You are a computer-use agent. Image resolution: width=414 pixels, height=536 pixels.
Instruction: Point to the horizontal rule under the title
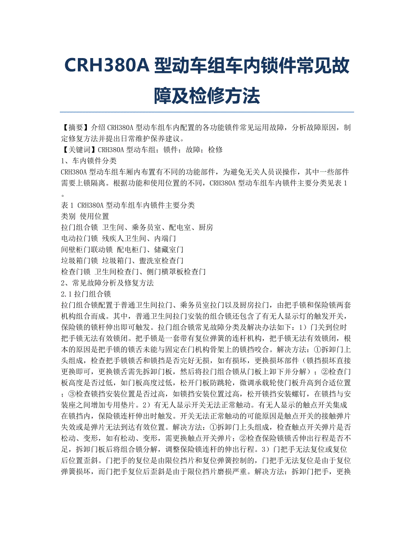(x=207, y=112)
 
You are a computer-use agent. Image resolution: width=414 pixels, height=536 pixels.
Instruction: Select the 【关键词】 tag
(x=79, y=150)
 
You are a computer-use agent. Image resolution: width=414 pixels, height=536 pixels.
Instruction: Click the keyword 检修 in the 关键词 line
(x=216, y=150)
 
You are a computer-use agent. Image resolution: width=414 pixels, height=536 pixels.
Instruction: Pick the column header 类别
(x=68, y=216)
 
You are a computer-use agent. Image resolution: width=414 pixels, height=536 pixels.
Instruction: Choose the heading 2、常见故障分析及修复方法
(x=107, y=283)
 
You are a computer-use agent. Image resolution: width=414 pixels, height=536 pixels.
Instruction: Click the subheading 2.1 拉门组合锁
(x=85, y=294)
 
